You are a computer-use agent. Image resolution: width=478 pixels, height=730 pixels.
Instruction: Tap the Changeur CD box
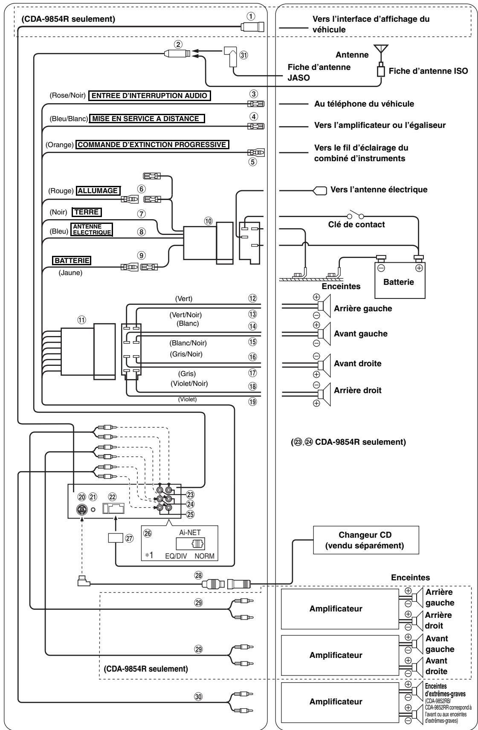(365, 540)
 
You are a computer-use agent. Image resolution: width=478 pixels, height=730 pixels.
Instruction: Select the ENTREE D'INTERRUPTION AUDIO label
(150, 96)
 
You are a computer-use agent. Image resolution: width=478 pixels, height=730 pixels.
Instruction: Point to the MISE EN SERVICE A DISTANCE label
(147, 118)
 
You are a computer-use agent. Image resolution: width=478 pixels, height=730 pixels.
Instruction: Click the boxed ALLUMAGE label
(98, 191)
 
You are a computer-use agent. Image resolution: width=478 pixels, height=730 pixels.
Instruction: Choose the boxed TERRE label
(87, 212)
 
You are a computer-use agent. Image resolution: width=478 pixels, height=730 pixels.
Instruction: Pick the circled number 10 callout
(208, 221)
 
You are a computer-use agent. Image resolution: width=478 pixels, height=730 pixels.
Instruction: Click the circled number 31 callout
(243, 55)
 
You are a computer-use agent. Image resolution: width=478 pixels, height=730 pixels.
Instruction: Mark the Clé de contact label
(356, 224)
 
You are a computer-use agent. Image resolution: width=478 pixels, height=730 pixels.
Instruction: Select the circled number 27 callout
(129, 538)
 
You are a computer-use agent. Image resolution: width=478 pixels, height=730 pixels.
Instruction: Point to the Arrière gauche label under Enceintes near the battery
(362, 308)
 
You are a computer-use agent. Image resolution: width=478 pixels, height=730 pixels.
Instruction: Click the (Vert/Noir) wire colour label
(185, 315)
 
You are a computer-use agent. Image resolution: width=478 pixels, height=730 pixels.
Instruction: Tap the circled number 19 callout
(252, 402)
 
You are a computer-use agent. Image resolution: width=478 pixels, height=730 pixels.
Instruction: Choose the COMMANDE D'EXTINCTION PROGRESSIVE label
(152, 145)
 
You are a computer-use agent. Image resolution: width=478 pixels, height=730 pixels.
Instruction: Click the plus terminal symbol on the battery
(419, 268)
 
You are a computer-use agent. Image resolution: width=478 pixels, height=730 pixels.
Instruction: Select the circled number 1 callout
(251, 16)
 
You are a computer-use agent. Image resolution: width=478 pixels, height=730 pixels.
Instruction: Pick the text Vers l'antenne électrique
(379, 189)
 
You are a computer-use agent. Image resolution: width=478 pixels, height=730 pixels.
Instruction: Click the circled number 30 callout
(198, 697)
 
